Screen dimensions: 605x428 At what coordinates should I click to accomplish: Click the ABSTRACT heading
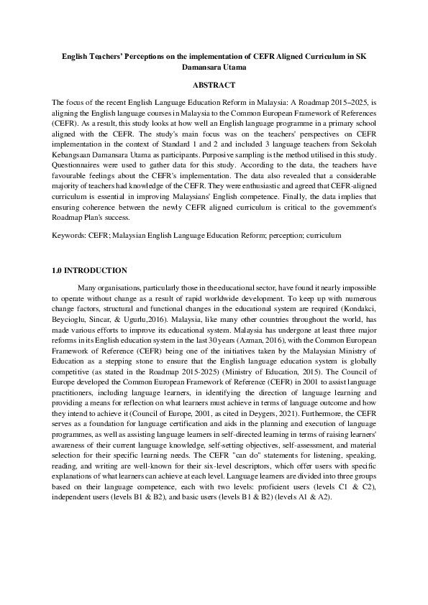(x=214, y=85)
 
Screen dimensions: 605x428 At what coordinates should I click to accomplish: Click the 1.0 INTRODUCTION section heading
(x=90, y=271)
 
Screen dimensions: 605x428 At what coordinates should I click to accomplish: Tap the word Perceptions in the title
(x=147, y=55)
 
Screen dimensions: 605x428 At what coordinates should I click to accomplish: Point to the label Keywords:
(x=69, y=235)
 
